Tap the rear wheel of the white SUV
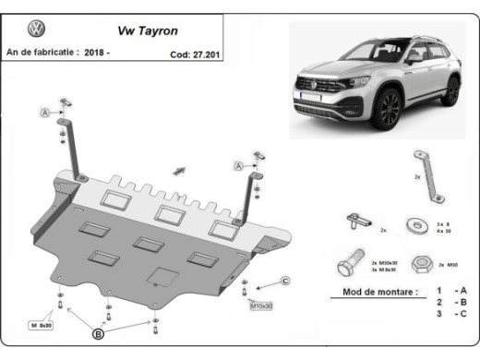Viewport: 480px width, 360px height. tap(450, 90)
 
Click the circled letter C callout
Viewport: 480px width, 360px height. tap(285, 281)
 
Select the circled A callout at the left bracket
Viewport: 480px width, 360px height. tap(43, 113)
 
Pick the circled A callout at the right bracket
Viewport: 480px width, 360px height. tap(238, 165)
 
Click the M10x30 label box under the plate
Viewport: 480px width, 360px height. tap(262, 305)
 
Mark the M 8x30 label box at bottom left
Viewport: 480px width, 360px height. tap(42, 324)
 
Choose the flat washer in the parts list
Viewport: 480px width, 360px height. tap(417, 223)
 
